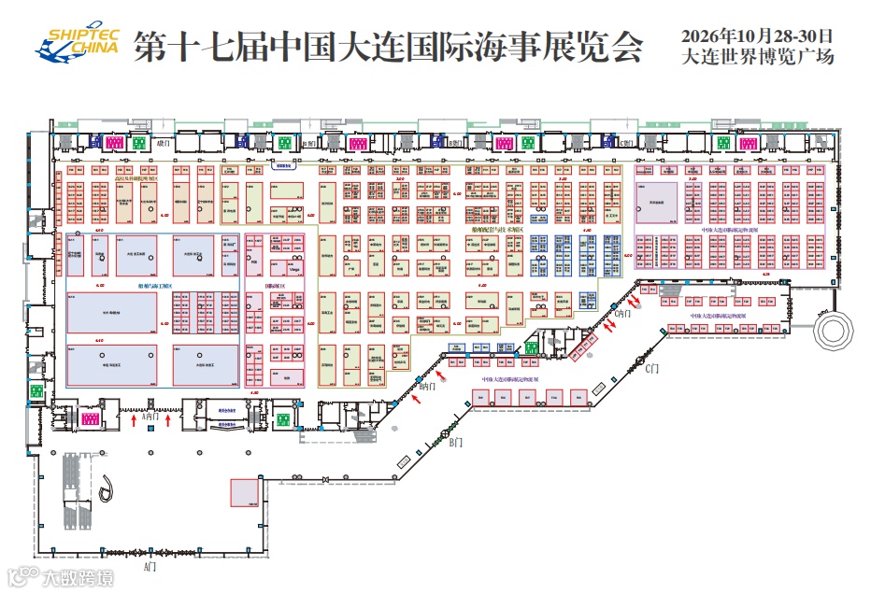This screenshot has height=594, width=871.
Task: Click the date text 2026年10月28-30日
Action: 757,35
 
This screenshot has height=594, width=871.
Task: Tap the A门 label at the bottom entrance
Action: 150,567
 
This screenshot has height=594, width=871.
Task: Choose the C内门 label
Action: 623,314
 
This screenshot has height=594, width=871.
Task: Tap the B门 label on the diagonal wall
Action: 455,443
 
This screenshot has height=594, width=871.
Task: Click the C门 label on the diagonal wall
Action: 652,369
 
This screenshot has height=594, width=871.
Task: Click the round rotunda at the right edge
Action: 835,329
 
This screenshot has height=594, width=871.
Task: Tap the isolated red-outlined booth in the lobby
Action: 245,492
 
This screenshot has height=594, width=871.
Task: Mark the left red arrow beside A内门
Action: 135,421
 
